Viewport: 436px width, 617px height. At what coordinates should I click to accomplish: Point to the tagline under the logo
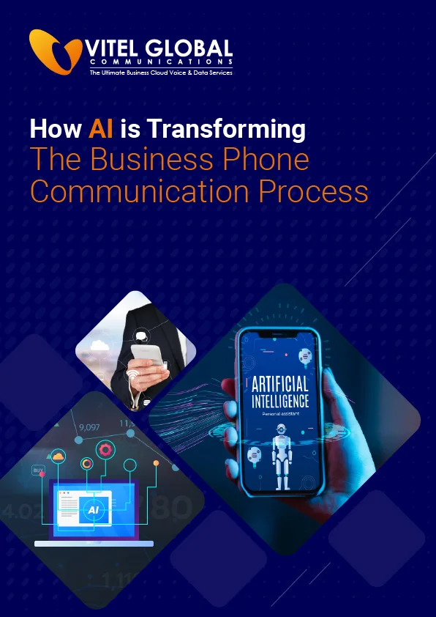pyautogui.click(x=160, y=73)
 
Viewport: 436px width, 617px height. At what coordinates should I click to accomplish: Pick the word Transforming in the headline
pyautogui.click(x=225, y=130)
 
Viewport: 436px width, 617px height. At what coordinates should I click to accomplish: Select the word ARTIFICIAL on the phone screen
pyautogui.click(x=279, y=384)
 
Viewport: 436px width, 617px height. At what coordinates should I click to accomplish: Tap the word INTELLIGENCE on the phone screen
pyautogui.click(x=279, y=402)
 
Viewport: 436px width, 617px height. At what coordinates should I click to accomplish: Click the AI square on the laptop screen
pyautogui.click(x=93, y=509)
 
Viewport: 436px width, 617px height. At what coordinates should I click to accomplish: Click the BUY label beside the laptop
pyautogui.click(x=37, y=470)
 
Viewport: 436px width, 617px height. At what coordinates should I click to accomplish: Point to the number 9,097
pyautogui.click(x=89, y=427)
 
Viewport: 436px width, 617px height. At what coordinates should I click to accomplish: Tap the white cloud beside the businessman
pyautogui.click(x=99, y=345)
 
